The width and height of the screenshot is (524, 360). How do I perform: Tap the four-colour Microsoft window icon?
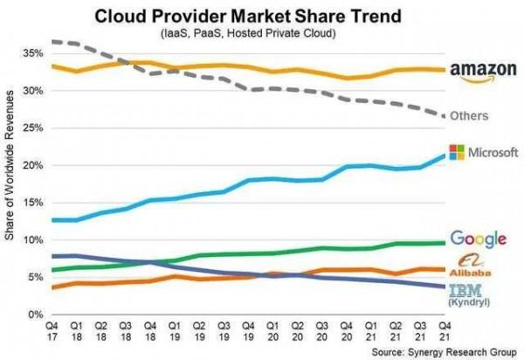point(456,152)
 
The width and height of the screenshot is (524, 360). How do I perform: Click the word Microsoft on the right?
point(493,153)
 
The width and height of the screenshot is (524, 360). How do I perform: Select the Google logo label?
point(479,239)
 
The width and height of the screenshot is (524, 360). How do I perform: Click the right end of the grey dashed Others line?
point(445,116)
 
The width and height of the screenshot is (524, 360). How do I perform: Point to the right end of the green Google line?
point(445,242)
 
